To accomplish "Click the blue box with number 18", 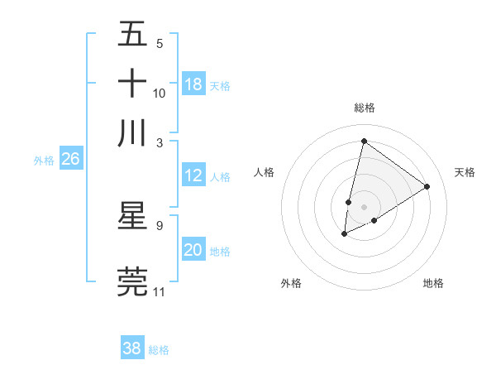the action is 193,84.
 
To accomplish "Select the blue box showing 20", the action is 193,250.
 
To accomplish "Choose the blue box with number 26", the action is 70,159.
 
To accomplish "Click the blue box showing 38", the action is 132,348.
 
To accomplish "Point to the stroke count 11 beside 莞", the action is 159,291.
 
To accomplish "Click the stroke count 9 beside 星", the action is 159,224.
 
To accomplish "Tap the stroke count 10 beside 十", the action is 159,93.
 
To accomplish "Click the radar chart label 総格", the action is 364,108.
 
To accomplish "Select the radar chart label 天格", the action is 465,172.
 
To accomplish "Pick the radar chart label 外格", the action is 291,283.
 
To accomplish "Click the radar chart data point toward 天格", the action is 427,186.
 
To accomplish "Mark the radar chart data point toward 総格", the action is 364,141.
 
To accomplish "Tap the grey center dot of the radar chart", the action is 364,206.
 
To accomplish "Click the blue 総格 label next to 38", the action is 159,350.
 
